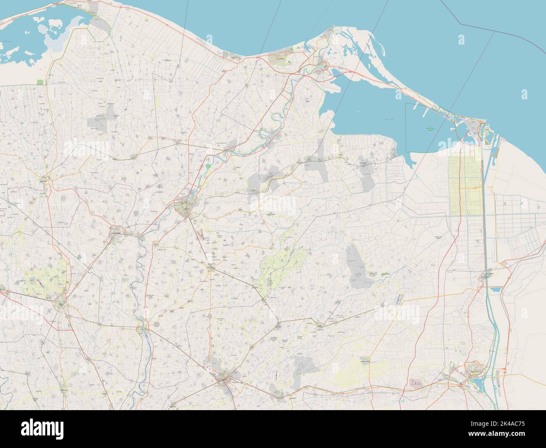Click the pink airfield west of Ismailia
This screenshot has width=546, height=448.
[415, 383]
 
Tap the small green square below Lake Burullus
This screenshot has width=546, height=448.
[41, 83]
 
